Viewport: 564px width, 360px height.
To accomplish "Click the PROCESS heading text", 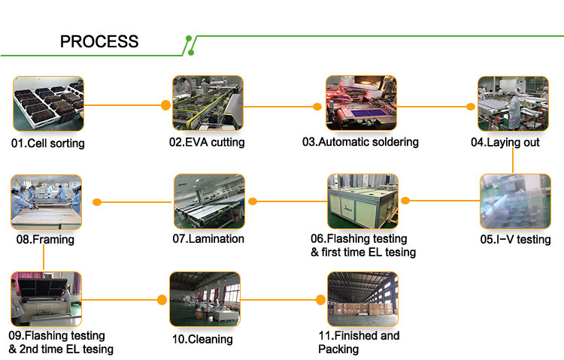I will click(99, 41).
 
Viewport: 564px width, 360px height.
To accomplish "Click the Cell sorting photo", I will click(46, 104).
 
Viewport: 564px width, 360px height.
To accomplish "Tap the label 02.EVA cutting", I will click(208, 141).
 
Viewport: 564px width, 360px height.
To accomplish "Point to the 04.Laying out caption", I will click(505, 141).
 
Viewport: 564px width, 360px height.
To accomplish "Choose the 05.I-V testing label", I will click(515, 240).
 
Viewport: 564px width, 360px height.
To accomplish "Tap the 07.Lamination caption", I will click(208, 239).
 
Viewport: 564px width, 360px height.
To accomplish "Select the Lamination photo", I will click(209, 201).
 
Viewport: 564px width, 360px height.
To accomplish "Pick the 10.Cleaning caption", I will click(202, 339).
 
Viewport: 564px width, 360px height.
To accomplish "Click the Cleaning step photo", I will click(204, 299).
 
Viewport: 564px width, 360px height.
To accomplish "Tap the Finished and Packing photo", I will click(362, 299).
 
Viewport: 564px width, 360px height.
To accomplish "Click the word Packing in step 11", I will click(338, 349).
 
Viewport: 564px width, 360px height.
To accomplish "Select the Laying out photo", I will click(513, 103).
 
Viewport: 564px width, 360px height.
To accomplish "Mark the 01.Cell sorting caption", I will click(47, 143).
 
